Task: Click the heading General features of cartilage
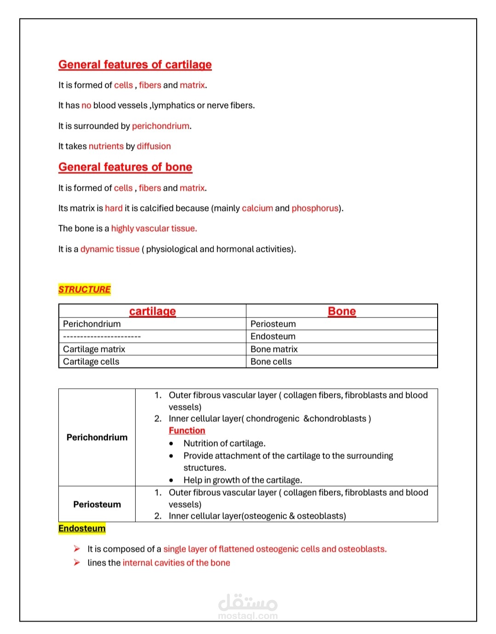tap(135, 65)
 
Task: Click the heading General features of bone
tap(125, 167)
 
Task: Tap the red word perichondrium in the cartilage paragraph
tap(160, 126)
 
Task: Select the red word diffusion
tap(154, 146)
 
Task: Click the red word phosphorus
tap(315, 208)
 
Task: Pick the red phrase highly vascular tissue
tap(154, 228)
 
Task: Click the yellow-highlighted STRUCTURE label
tap(85, 289)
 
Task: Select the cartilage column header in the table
tap(152, 311)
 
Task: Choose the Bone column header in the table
tap(342, 311)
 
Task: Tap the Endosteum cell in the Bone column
tap(273, 336)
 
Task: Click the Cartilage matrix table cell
tap(94, 349)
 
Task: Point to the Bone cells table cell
tap(271, 362)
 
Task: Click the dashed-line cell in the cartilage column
tap(102, 336)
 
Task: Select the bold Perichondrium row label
tap(97, 437)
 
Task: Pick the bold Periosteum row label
tap(97, 504)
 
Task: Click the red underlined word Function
tap(187, 430)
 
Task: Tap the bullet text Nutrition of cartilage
tap(224, 443)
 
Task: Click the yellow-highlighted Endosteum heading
tap(82, 528)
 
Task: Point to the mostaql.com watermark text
tap(248, 616)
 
